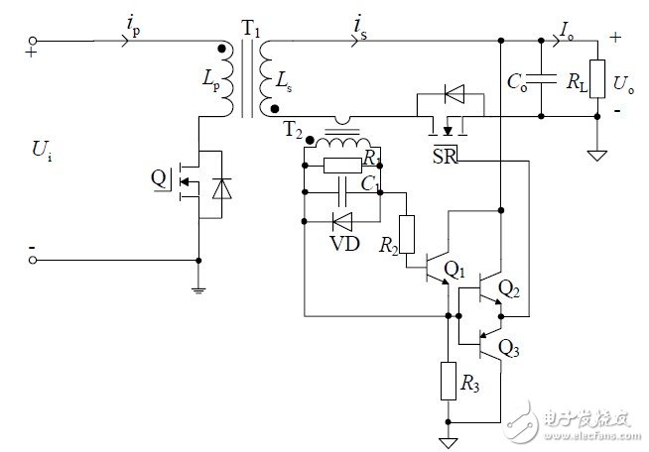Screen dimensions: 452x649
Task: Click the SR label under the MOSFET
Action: [x=444, y=157]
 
